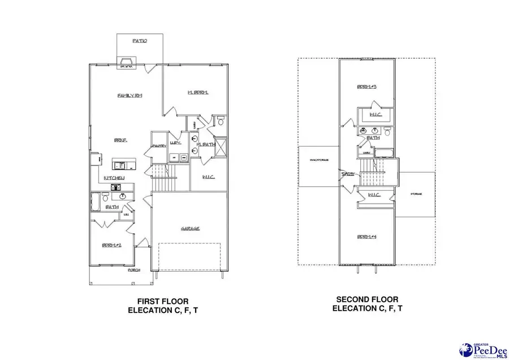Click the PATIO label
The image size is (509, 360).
click(140, 41)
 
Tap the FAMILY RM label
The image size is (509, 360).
click(130, 95)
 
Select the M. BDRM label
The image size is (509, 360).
click(197, 92)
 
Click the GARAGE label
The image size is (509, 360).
click(190, 229)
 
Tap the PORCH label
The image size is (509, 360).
click(133, 270)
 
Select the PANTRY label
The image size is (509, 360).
click(158, 145)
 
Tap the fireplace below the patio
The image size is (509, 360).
click(124, 62)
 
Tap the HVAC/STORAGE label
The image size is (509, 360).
click(320, 168)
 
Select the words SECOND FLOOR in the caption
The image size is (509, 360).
click(367, 299)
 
